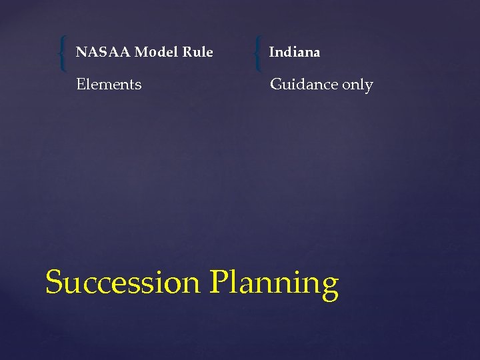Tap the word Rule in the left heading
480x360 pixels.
click(197, 52)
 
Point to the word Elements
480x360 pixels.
click(109, 85)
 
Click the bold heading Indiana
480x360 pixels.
click(295, 52)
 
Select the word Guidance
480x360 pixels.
click(304, 85)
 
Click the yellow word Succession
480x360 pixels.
click(123, 283)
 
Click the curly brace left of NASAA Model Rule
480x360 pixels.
click(62, 54)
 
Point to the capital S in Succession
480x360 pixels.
click(54, 282)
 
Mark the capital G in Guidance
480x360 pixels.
click(275, 85)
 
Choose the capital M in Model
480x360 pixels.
click(141, 52)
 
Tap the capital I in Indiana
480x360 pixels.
click(272, 52)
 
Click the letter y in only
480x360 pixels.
click(369, 87)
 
